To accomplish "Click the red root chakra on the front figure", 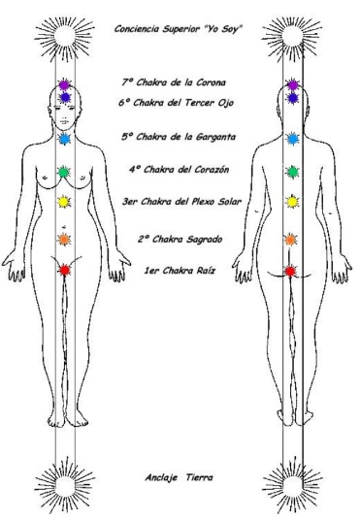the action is (64, 271).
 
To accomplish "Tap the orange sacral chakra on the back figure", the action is (289, 239).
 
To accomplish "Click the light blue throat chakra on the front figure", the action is (64, 139).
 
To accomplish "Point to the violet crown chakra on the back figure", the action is (292, 86).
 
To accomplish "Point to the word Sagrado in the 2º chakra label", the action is (213, 239).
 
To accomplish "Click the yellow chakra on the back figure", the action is (290, 204).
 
